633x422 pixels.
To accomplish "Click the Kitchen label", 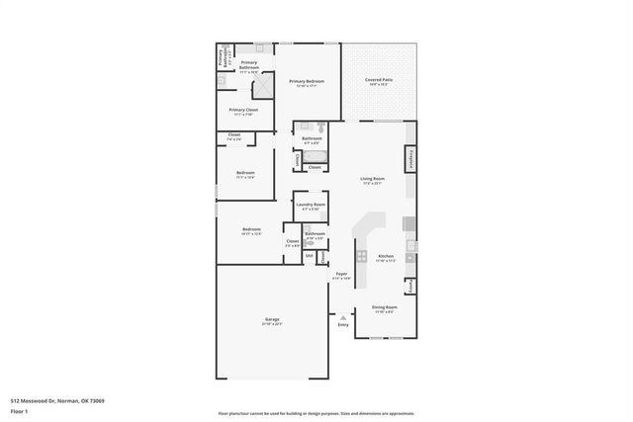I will click(x=386, y=257).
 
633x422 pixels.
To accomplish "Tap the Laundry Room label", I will click(x=310, y=206).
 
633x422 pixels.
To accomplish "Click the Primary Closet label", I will click(x=243, y=112).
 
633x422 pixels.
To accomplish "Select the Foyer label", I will click(x=340, y=275).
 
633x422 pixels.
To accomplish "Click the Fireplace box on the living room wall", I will click(x=409, y=158).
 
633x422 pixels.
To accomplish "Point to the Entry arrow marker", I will click(x=343, y=317).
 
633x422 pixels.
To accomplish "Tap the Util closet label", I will click(x=309, y=256).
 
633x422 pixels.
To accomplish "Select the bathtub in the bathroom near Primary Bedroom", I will click(x=314, y=154).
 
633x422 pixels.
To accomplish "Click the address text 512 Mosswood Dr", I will click(x=57, y=400).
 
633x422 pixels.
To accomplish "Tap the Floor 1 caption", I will click(x=21, y=409).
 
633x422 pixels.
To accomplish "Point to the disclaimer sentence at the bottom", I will click(x=316, y=413).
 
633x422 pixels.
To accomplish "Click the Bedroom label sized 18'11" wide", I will click(x=251, y=231).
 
